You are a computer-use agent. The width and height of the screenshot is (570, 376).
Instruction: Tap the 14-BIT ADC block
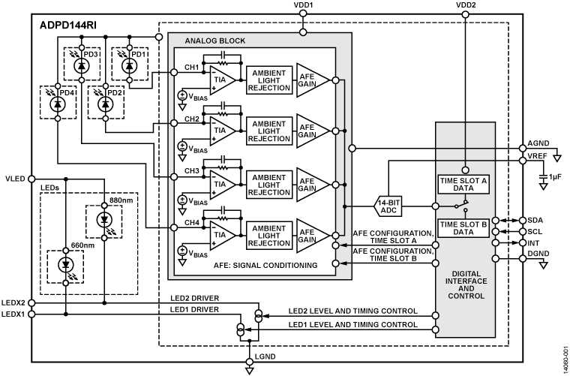coord(394,205)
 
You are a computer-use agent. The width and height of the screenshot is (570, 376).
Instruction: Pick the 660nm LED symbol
coord(66,265)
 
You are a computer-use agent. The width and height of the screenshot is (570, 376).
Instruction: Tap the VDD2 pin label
coord(465,5)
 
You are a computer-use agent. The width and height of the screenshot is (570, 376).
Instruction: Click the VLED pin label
coord(15,179)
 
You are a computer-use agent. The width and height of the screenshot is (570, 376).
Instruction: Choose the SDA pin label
coord(533,220)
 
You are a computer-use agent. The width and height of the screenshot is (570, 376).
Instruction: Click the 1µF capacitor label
coord(553,176)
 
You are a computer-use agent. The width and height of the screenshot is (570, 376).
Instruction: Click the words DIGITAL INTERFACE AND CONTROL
coord(465,285)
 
